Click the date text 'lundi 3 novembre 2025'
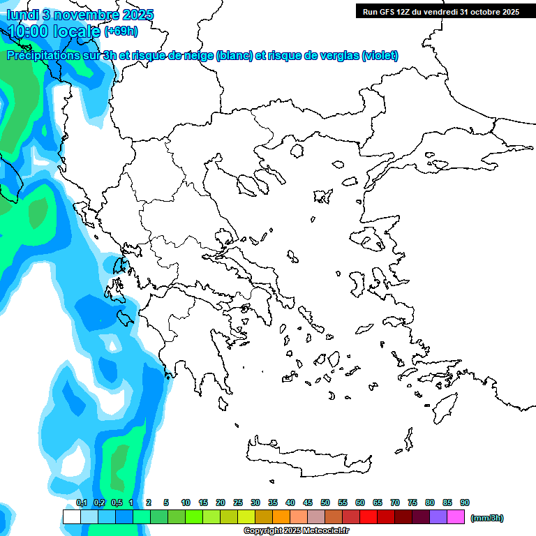tap(80, 15)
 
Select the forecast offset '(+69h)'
tap(121, 31)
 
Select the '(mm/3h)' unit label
tap(486, 518)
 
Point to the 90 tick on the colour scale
tap(465, 503)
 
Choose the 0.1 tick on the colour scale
tap(81, 503)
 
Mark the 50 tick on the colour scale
tap(325, 503)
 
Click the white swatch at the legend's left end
tap(71, 517)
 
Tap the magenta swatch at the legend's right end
tap(456, 517)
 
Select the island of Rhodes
tap(444, 404)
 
